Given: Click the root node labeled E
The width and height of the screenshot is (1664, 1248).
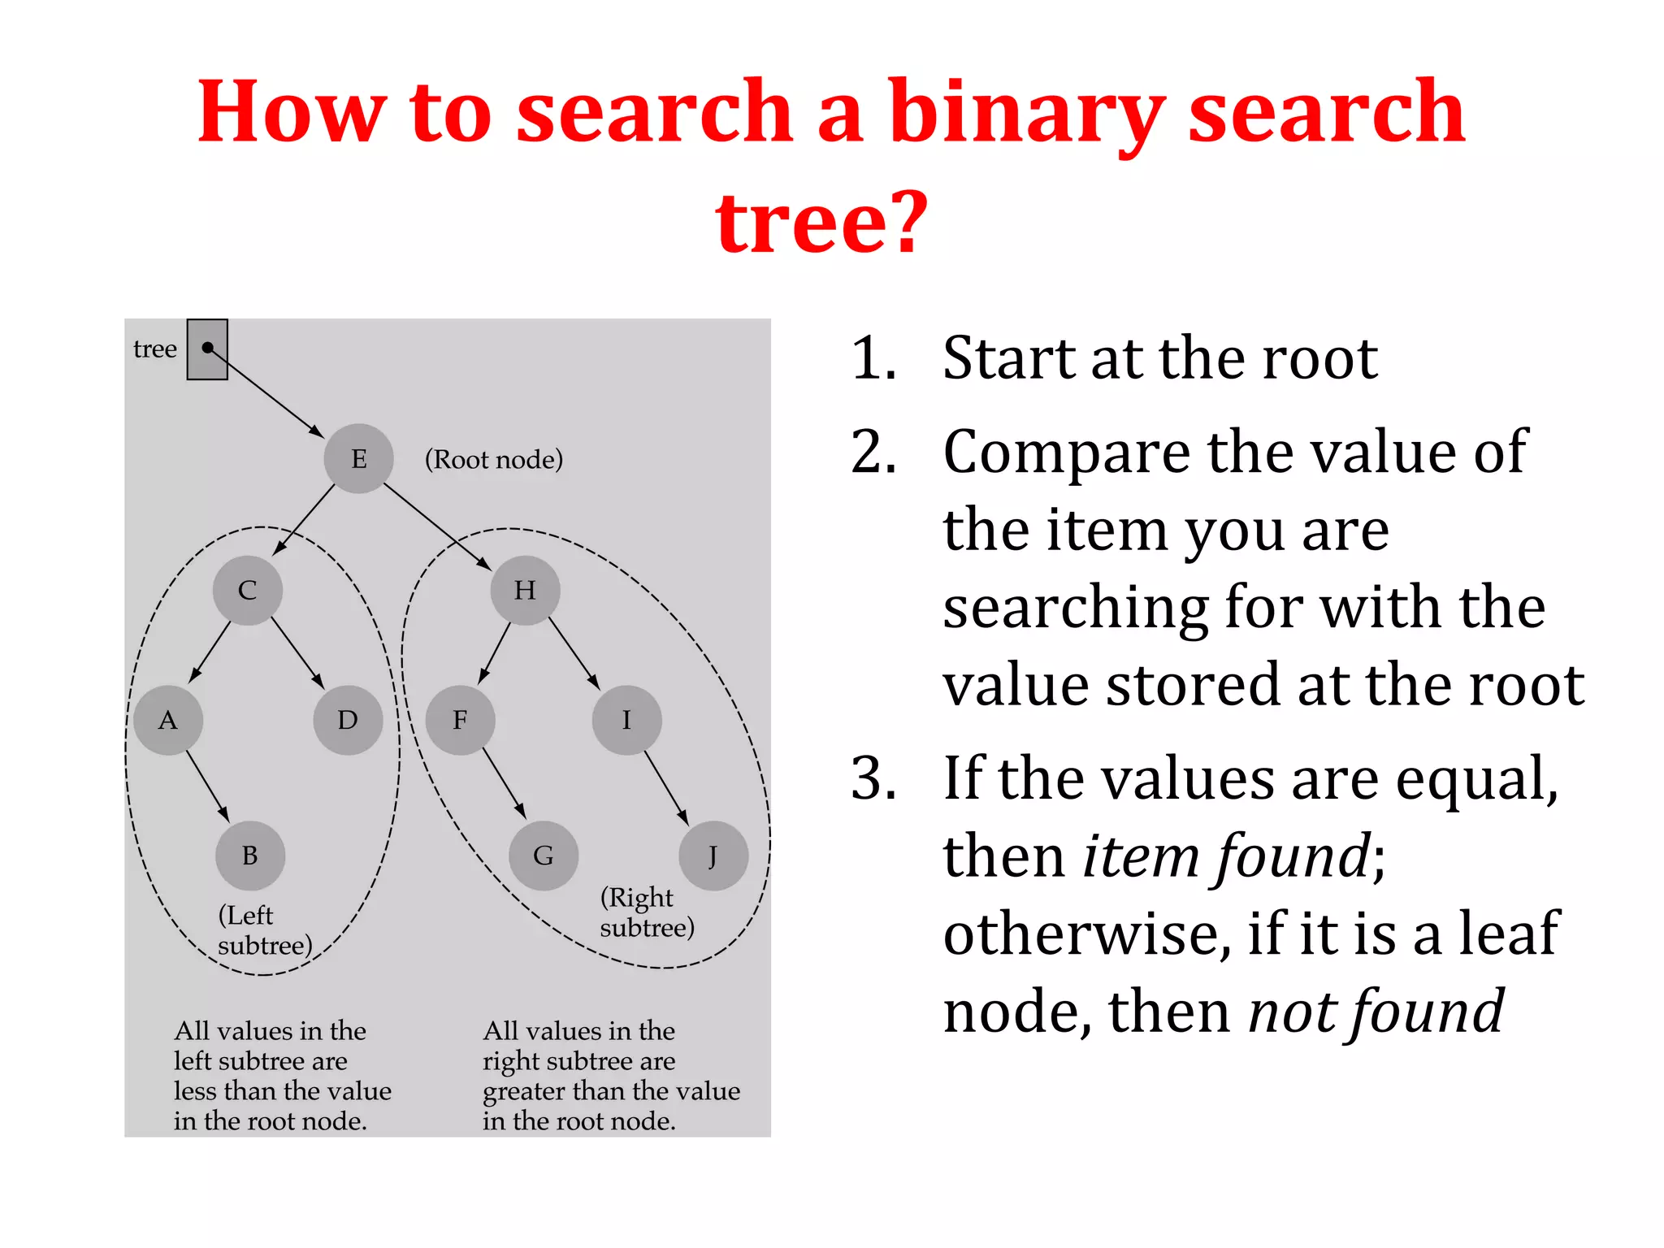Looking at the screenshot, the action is click(358, 459).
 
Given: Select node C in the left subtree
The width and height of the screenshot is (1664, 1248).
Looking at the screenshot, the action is click(248, 590).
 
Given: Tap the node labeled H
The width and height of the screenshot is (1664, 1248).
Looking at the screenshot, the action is click(525, 590).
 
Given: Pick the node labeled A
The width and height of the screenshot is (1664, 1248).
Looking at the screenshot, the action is click(168, 720).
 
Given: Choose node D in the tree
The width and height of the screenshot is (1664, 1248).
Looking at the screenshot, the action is click(348, 720).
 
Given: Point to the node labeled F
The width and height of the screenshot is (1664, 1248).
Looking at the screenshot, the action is click(460, 720).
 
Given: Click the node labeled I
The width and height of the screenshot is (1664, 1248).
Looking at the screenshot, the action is click(626, 720).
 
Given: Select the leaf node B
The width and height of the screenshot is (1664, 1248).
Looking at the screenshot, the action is click(250, 856).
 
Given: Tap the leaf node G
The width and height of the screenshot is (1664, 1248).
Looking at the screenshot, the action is click(544, 856).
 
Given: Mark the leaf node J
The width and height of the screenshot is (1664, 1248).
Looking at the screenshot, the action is click(713, 856).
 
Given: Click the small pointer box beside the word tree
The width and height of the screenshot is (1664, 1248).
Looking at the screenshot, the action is click(207, 349).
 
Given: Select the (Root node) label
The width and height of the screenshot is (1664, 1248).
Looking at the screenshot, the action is click(494, 460).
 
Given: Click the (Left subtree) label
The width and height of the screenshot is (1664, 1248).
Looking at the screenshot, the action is click(265, 930).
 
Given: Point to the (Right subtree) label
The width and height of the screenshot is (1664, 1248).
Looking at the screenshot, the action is click(647, 912).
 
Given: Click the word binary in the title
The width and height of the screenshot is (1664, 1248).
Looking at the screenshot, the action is click(1027, 114).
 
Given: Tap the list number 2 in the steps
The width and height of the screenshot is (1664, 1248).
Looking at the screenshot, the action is click(873, 452).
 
